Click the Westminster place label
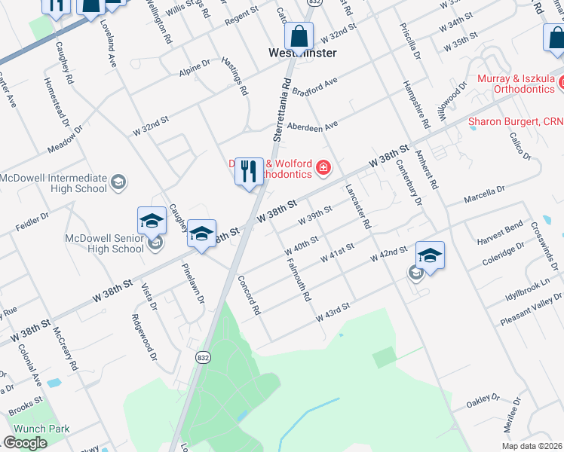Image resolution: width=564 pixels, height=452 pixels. click(x=302, y=53)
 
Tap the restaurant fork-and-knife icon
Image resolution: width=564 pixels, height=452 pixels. click(x=249, y=172)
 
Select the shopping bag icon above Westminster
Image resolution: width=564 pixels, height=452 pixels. click(x=299, y=35)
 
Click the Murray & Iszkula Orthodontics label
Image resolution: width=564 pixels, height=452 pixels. click(x=519, y=84)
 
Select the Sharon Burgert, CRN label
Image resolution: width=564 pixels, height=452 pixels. click(x=516, y=121)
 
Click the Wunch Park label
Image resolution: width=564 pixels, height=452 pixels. click(x=41, y=429)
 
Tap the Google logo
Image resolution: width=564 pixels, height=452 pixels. click(x=25, y=443)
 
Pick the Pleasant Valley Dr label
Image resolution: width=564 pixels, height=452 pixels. click(x=531, y=312)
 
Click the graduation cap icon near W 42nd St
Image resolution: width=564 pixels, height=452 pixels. click(x=429, y=255)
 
